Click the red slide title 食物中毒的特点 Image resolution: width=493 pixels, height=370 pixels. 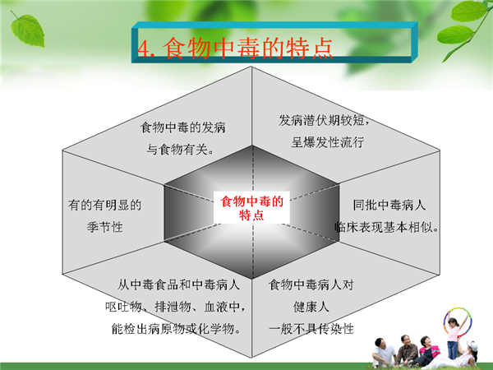[x=248, y=48]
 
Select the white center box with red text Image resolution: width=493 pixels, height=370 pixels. [x=251, y=208]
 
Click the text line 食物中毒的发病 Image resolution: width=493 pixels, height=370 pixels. [x=182, y=127]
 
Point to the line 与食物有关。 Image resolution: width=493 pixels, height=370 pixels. [x=181, y=149]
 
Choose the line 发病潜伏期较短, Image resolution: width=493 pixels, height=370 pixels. [x=324, y=120]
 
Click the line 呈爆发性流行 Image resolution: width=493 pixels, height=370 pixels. [x=328, y=142]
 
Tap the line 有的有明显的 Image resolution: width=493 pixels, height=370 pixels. [x=104, y=205]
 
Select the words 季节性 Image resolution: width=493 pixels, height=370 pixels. [x=104, y=227]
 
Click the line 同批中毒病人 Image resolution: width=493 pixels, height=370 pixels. [x=389, y=205]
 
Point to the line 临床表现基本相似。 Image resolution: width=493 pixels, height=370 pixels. [x=386, y=227]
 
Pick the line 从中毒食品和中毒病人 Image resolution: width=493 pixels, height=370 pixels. [x=178, y=284]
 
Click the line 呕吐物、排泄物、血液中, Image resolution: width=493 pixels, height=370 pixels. [x=175, y=307]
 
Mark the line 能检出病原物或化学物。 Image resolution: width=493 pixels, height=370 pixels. [x=177, y=329]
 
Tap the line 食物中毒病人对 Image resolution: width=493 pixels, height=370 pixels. [x=311, y=284]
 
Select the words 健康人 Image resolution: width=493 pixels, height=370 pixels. [x=311, y=307]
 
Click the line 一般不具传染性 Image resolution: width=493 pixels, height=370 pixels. [x=311, y=329]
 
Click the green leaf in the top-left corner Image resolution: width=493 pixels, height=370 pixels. [x=27, y=30]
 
